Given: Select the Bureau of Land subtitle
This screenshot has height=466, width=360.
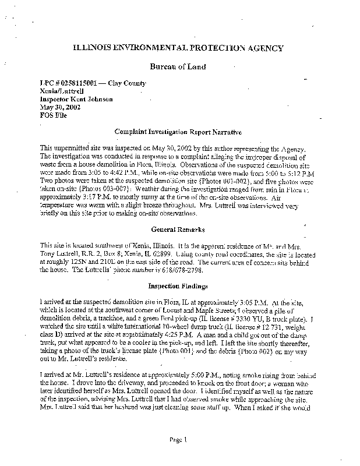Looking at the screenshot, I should [179, 66].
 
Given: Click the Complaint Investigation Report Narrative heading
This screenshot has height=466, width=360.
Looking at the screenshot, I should [179, 133].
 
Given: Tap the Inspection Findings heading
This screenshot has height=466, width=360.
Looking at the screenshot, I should [179, 286].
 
